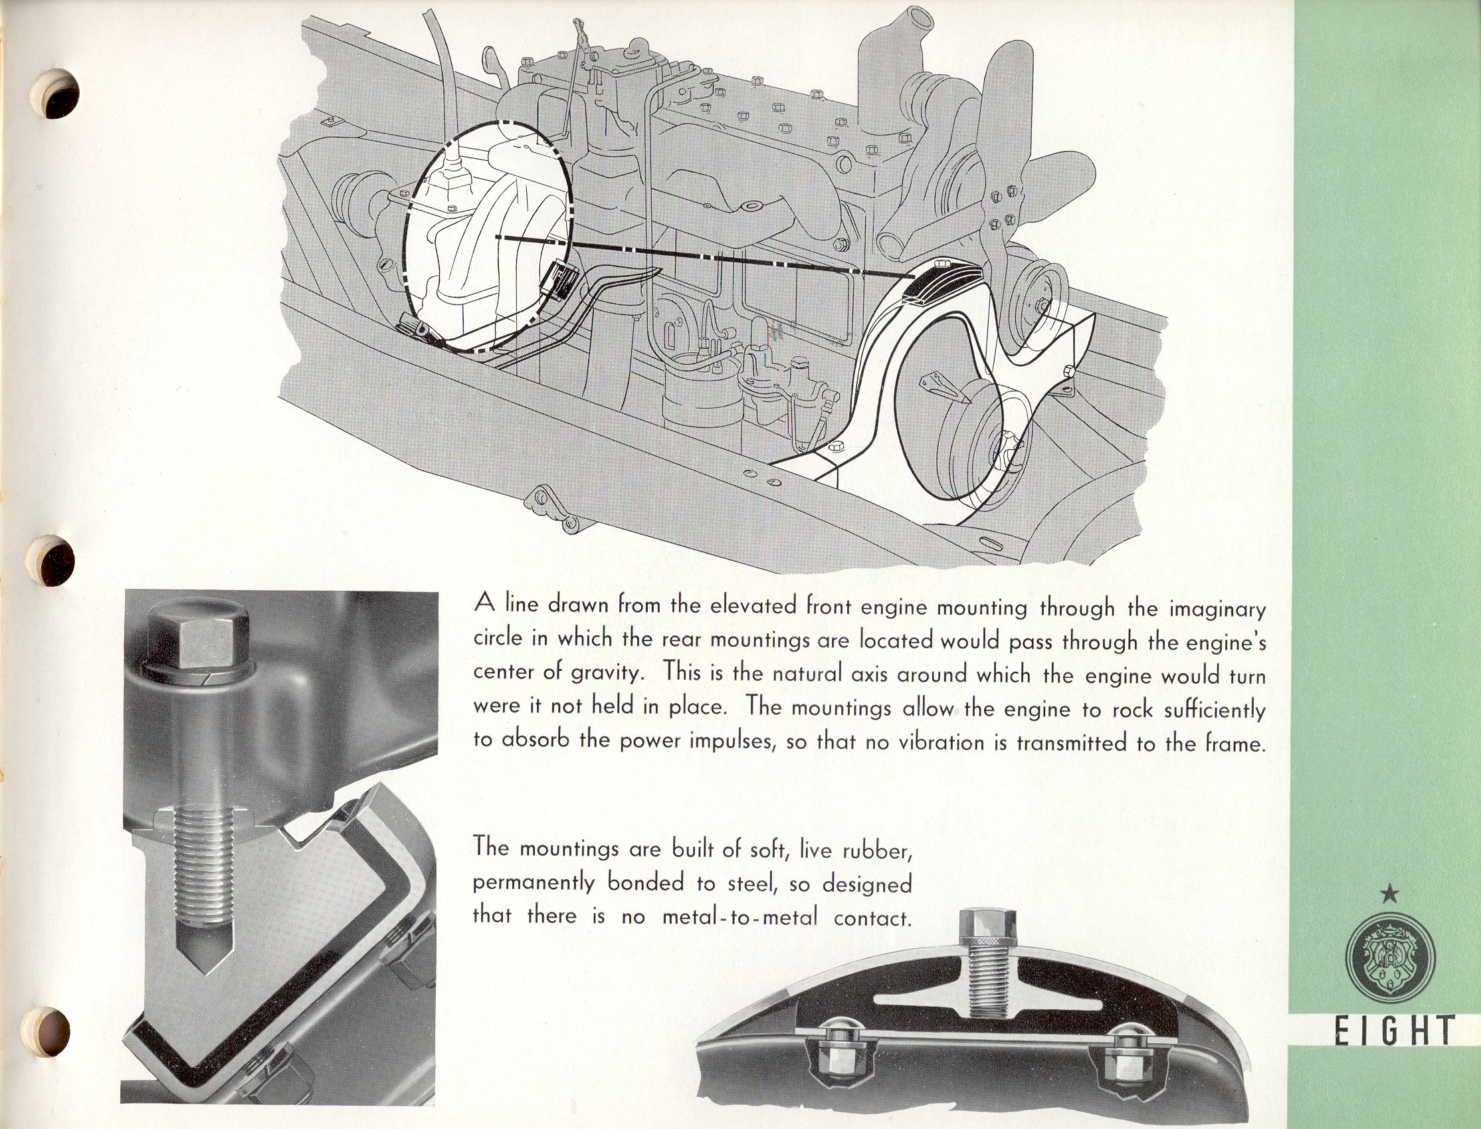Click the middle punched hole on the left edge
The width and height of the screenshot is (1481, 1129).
point(56,560)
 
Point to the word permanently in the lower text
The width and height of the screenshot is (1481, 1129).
point(534,884)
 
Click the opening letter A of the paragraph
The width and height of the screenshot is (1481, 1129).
point(486,603)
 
